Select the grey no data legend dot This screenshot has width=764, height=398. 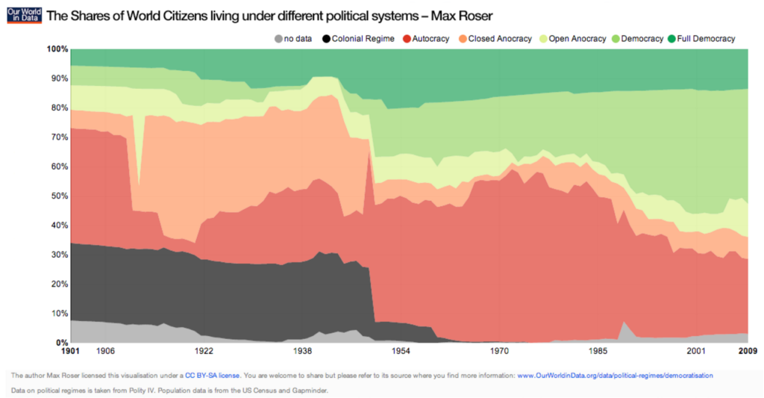click(x=279, y=38)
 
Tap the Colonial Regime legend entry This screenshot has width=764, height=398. click(x=356, y=38)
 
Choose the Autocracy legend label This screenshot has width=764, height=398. click(x=430, y=38)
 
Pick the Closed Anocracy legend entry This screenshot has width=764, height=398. click(x=499, y=38)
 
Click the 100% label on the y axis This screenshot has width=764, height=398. click(x=57, y=49)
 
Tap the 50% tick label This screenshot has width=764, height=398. click(x=60, y=196)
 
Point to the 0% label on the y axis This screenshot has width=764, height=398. click(x=62, y=343)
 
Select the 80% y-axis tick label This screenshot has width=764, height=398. click(x=60, y=108)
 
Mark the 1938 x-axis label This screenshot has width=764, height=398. click(x=303, y=350)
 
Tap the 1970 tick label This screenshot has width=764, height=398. click(x=499, y=350)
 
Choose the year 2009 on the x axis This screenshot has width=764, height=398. click(x=748, y=350)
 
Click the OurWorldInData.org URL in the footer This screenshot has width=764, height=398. click(x=615, y=376)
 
